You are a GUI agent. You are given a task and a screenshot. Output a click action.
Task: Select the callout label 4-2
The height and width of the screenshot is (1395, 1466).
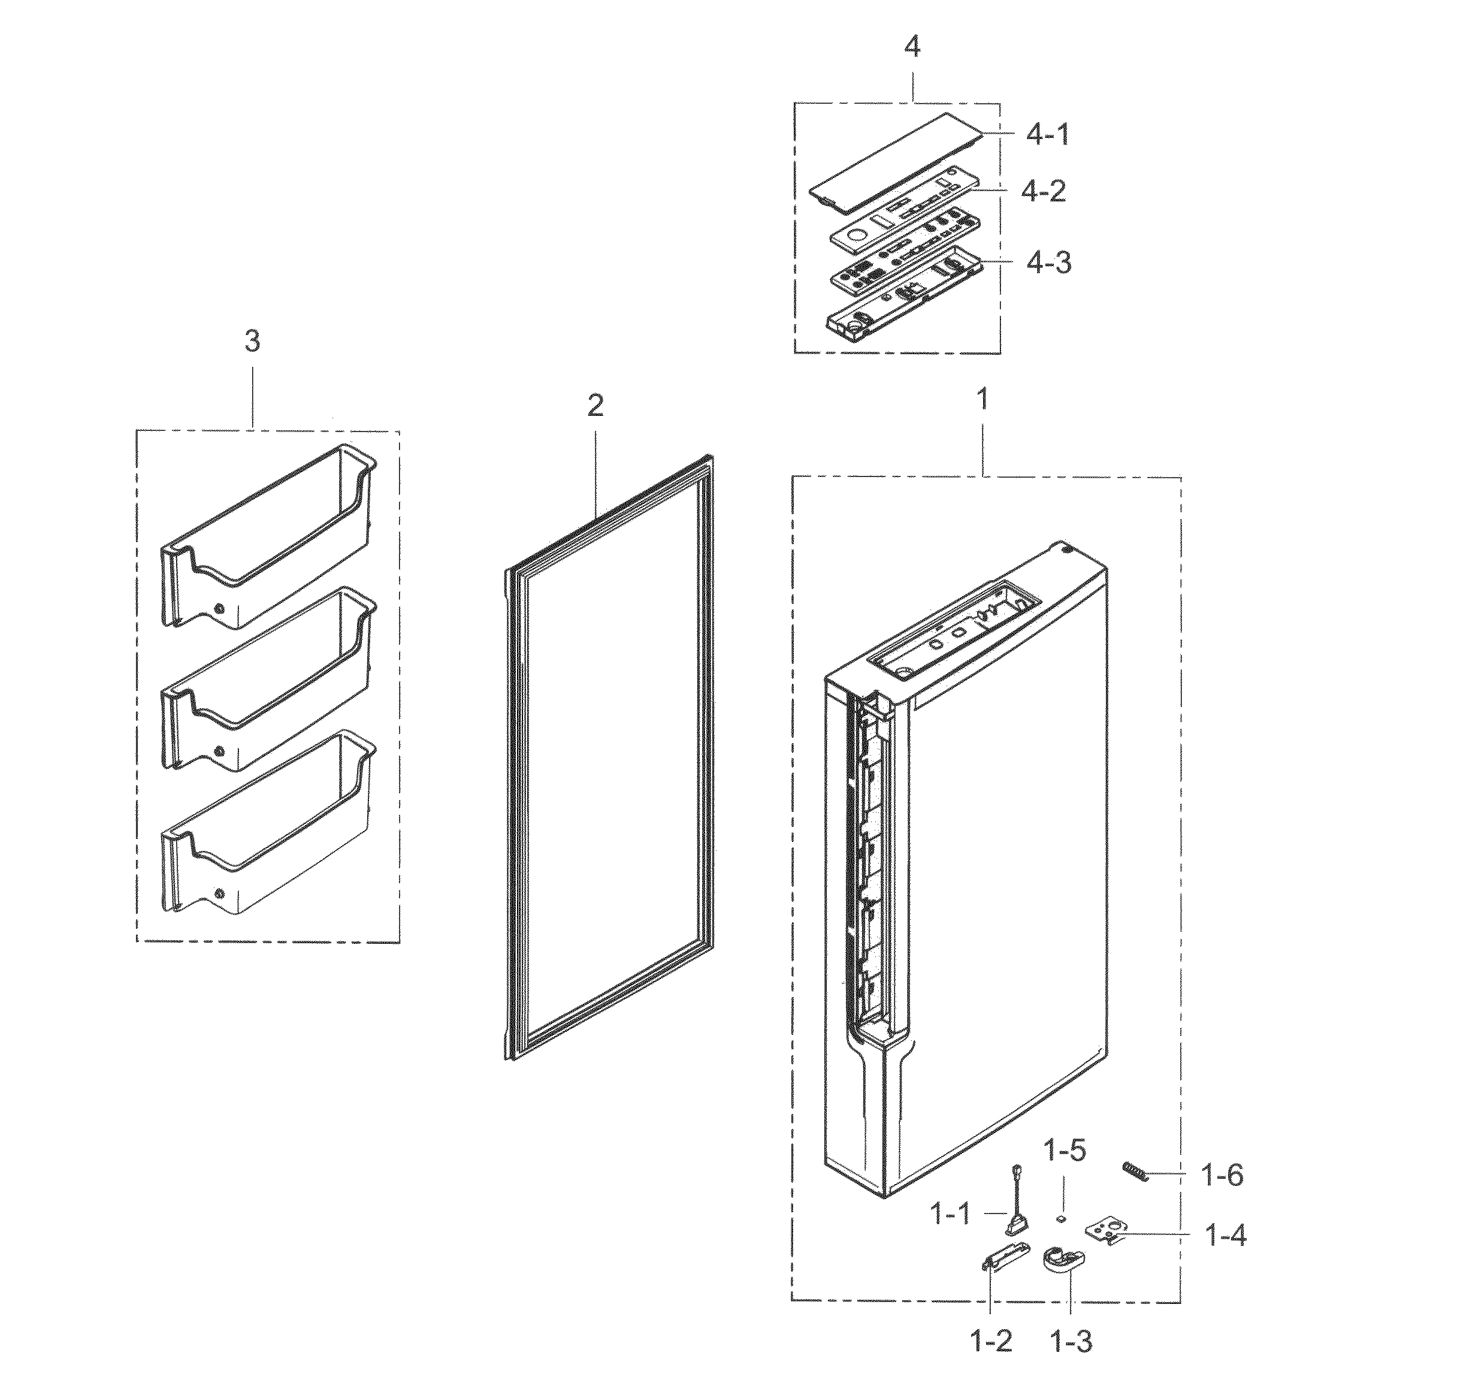click(x=1043, y=192)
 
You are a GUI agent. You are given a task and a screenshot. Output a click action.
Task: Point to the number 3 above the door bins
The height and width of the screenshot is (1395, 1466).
click(x=252, y=342)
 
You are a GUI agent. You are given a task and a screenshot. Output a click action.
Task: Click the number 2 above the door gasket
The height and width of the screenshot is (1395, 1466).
click(x=595, y=406)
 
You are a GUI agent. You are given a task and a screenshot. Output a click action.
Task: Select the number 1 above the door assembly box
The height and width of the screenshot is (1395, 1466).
click(x=983, y=399)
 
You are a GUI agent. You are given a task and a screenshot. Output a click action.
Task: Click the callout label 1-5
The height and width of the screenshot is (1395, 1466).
click(x=1065, y=1151)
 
